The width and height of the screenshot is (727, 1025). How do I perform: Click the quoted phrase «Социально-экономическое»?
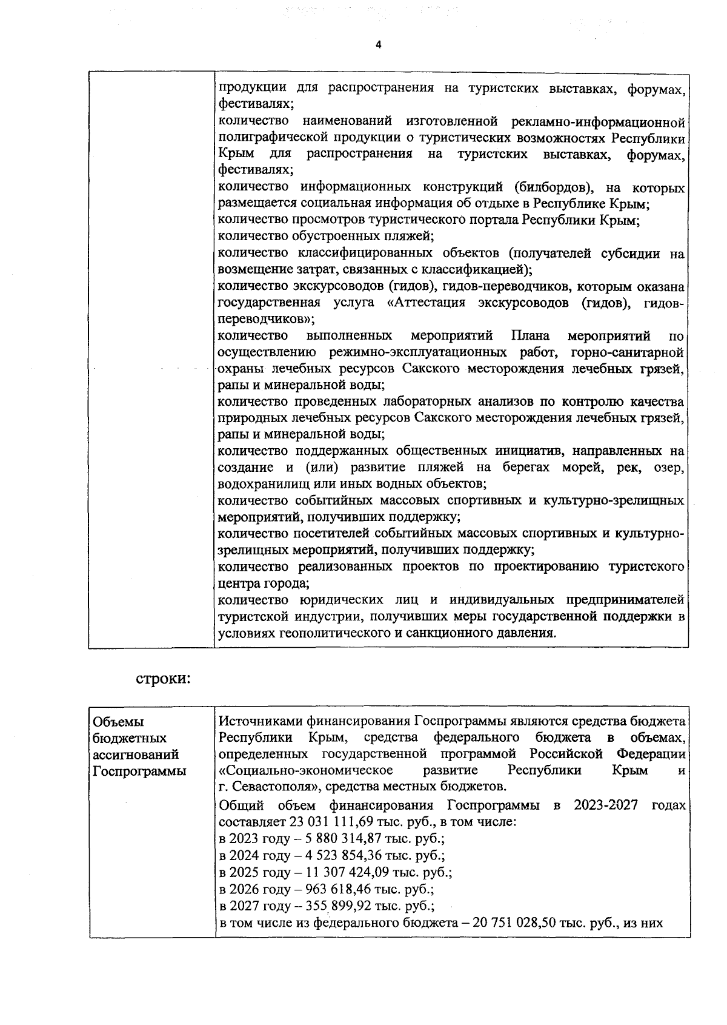pos(305,770)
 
